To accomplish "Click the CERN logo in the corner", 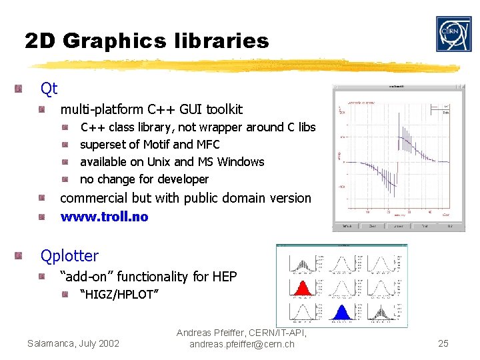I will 453,34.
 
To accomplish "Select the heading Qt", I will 49,88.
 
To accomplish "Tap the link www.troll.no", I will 104,217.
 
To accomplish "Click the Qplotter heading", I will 69,255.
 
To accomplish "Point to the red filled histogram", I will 301,287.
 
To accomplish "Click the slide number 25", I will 443,343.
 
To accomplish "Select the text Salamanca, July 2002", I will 73,343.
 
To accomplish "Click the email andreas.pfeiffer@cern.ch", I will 241,344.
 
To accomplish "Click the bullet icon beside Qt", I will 21,88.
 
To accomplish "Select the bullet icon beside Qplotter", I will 21,255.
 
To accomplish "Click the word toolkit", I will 224,109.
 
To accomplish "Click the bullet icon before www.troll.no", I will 41,217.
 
